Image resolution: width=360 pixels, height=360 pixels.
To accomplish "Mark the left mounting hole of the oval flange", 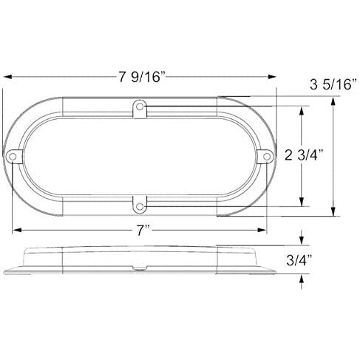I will click(x=16, y=156).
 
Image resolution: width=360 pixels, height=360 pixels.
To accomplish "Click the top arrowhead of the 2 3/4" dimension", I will click(x=302, y=109).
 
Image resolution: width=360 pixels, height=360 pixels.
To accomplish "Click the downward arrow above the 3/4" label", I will click(x=303, y=240).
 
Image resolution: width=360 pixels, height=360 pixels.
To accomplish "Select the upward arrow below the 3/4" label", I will click(x=303, y=279).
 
